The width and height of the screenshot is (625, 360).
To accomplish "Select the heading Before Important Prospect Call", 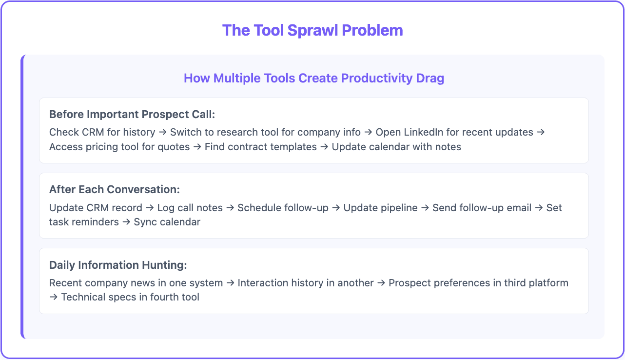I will [x=132, y=114].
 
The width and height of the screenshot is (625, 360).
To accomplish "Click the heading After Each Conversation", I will [x=115, y=189].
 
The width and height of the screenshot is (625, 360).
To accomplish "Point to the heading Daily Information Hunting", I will [x=118, y=265].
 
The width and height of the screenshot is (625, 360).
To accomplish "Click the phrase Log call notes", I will [x=190, y=208].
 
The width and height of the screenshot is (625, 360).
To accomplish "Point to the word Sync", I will [x=145, y=222].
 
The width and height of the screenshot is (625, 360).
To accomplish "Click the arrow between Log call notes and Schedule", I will [x=230, y=208].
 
